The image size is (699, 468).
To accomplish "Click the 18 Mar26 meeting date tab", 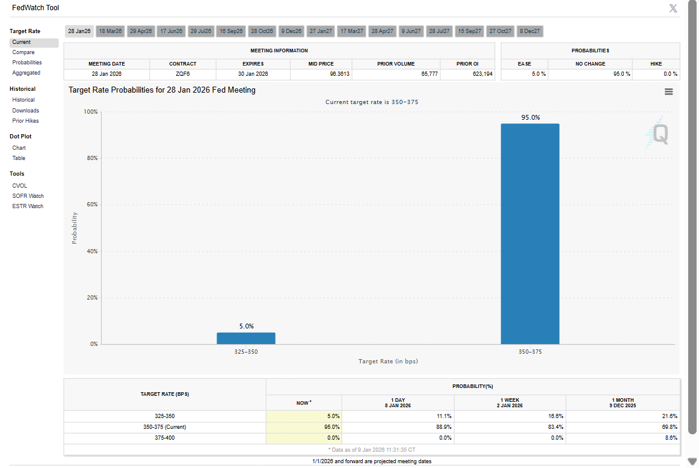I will pos(110,31).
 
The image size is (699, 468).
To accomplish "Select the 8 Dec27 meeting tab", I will pos(530,31).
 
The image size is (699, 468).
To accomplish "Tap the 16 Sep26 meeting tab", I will pos(231,31).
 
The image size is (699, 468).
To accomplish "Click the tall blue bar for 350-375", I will pos(530,234).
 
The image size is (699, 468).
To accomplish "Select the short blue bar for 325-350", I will pos(246,338).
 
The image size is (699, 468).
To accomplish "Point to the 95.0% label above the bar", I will pos(531,118).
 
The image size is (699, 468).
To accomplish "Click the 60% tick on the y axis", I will pos(90,205).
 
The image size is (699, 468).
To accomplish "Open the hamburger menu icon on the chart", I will pos(669,91).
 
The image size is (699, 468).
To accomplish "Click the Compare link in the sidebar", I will pos(23,52).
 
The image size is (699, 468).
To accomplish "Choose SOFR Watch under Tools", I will pos(28,196).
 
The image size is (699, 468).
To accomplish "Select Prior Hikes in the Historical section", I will pos(25,121).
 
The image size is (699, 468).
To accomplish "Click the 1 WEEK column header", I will pos(510,403).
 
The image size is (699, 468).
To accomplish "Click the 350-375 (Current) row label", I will pos(165,427).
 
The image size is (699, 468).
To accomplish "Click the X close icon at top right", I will pos(673,8).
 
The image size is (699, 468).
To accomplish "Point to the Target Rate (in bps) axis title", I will pos(388,362).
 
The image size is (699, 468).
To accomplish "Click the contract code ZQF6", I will pos(183,74).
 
